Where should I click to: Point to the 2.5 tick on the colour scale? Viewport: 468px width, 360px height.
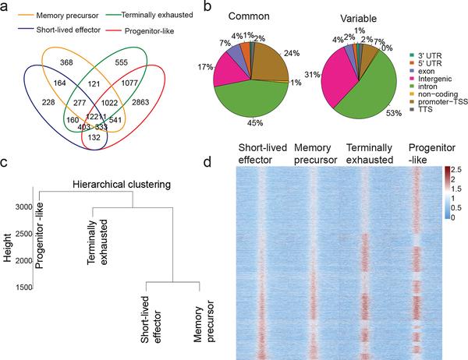[x=457, y=169]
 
